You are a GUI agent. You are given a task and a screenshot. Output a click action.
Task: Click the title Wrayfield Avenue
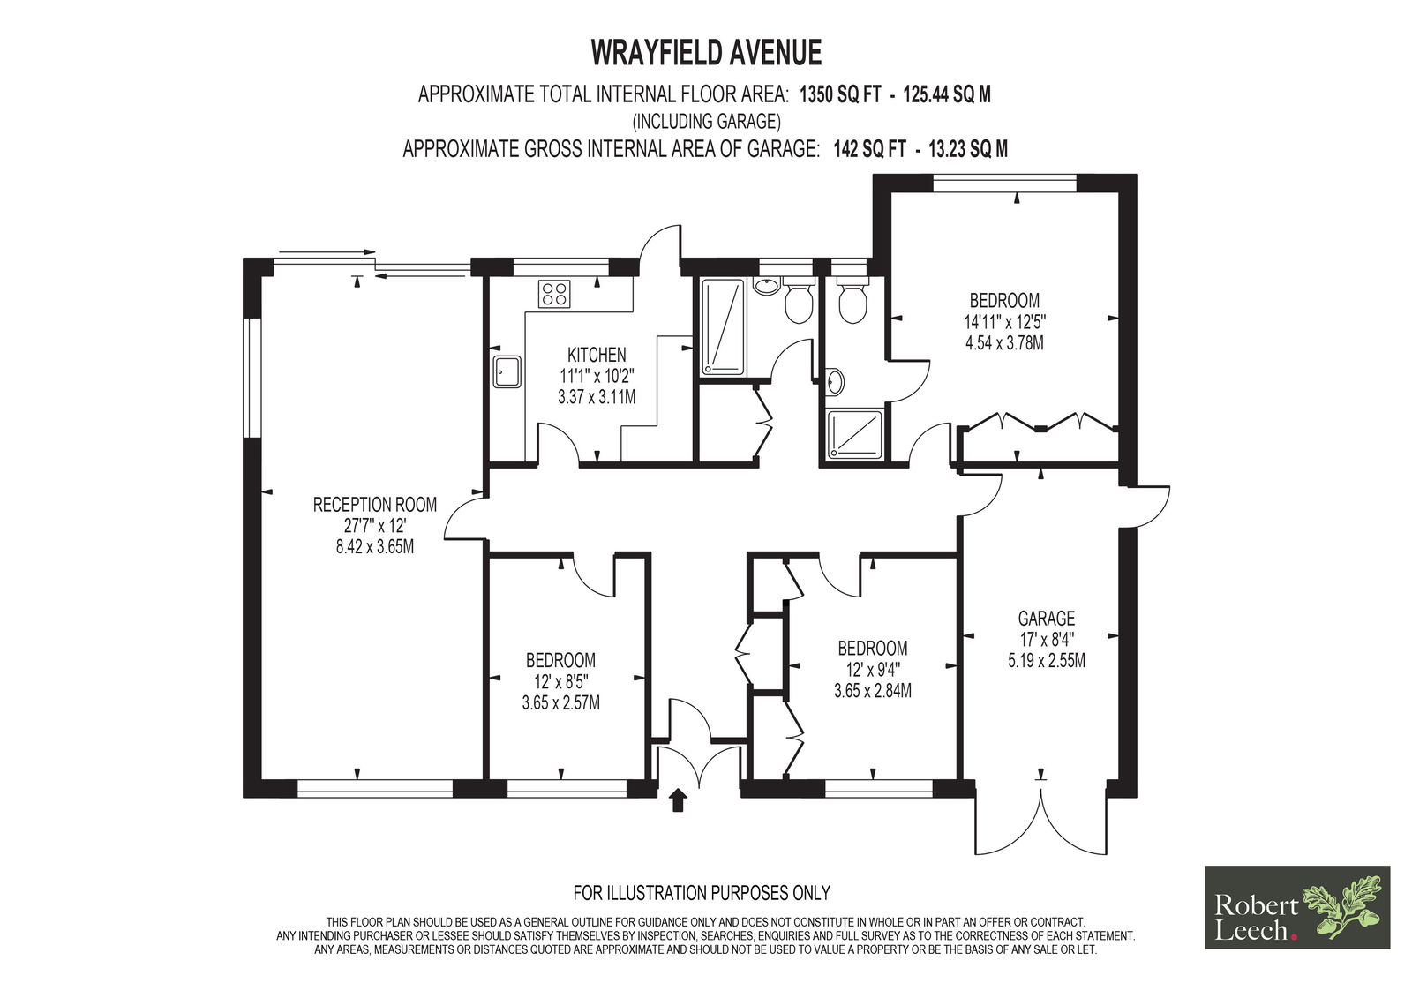click(x=706, y=53)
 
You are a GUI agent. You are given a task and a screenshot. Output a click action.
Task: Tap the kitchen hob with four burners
click(x=553, y=294)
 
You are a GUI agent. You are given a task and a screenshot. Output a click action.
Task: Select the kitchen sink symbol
click(x=507, y=371)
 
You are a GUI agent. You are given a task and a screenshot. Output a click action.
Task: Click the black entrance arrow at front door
click(x=678, y=800)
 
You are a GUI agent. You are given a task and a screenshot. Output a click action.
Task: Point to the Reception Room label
click(x=375, y=505)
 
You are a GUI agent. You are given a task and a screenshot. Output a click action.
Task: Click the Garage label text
click(x=1047, y=618)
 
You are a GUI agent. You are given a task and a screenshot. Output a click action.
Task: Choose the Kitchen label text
click(x=597, y=355)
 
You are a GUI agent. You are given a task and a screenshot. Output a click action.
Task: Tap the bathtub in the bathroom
click(x=723, y=327)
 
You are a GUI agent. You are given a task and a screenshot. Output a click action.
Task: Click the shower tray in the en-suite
click(x=855, y=433)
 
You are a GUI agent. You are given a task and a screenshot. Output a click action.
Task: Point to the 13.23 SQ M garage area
click(x=968, y=149)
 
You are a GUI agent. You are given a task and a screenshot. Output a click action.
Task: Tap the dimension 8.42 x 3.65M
click(x=375, y=546)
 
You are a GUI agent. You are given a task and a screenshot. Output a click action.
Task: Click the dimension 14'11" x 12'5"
click(x=1005, y=322)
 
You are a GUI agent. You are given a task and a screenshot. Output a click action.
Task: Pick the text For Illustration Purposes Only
click(x=702, y=893)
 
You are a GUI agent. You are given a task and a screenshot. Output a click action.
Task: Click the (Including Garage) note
click(x=706, y=121)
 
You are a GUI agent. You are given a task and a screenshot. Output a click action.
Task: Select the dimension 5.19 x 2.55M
click(x=1047, y=661)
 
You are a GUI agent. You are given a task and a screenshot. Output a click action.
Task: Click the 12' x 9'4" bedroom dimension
click(x=873, y=669)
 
